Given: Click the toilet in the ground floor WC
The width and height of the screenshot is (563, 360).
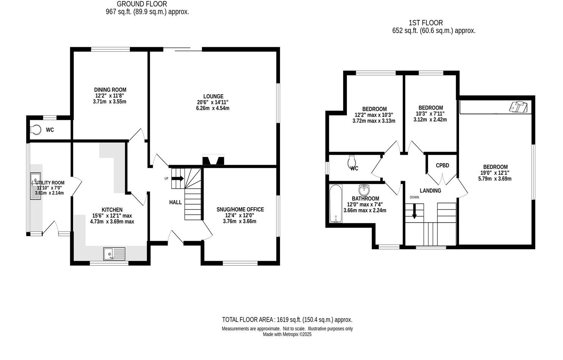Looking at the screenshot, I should pos(36,130).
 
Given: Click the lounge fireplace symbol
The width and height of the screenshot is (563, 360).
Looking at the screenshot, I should pos(213,160).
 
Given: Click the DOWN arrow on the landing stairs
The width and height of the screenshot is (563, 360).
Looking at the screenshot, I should pos(414,211).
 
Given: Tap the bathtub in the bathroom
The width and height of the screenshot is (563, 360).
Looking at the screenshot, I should pos(336,203).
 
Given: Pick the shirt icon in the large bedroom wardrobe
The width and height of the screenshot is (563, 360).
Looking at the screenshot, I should pos(517,107).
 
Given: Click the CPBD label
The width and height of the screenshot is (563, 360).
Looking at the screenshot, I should pos(442,166).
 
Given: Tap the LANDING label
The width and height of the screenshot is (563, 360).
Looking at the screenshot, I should pos(430,191).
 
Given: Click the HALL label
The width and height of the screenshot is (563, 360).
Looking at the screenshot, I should pos(175,202).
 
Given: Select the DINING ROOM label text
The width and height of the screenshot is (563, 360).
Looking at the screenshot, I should pos(110,90).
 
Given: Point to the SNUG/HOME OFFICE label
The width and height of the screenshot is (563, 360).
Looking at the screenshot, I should pos(240,209).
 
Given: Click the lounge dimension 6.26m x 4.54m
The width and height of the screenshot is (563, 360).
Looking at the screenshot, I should pos(213,108).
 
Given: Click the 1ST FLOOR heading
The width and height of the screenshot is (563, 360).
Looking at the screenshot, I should pos(426,23).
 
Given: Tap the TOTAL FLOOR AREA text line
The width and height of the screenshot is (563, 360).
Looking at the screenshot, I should pos(287,320).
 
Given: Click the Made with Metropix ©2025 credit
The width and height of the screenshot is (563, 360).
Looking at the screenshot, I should pos(287,334).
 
